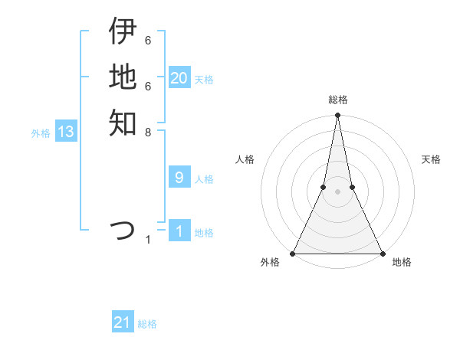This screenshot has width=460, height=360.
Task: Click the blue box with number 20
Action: point(179,78)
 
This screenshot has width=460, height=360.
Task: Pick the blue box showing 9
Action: point(179,178)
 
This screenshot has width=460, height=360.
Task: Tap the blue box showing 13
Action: point(66,132)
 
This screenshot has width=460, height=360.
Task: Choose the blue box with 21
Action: point(123,322)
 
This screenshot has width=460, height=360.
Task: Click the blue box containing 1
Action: point(179,231)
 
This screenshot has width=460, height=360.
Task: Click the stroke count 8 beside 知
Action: point(148,132)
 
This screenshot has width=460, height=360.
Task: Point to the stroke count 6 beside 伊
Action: point(148,40)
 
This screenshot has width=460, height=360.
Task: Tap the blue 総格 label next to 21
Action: point(147,324)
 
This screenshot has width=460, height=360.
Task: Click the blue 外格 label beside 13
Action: point(41,133)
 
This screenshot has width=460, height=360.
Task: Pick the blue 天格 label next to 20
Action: point(204,80)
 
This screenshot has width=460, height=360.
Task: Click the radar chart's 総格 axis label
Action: point(337,100)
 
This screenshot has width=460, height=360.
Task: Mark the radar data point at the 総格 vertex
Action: point(337,116)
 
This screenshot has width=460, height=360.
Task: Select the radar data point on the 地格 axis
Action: point(381,253)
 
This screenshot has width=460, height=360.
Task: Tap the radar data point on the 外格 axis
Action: point(294,253)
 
